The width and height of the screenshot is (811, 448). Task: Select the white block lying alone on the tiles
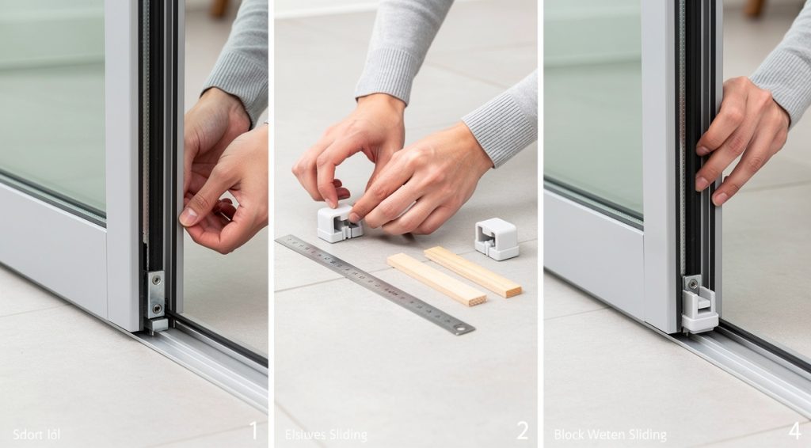point(497,238)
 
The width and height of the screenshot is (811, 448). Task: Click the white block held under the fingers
point(339,223)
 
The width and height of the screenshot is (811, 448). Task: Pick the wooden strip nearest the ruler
point(436,279)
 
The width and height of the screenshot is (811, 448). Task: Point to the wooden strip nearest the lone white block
point(472,271)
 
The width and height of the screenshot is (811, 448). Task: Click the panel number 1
point(253,431)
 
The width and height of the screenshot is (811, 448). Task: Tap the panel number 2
point(522,431)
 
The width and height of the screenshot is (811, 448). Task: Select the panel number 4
point(794,431)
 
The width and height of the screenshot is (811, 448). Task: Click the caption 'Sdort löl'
point(36,434)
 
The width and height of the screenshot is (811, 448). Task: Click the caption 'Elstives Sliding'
point(326,435)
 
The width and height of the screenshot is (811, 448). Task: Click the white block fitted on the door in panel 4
point(699,309)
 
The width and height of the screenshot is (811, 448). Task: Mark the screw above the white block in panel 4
point(693,283)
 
